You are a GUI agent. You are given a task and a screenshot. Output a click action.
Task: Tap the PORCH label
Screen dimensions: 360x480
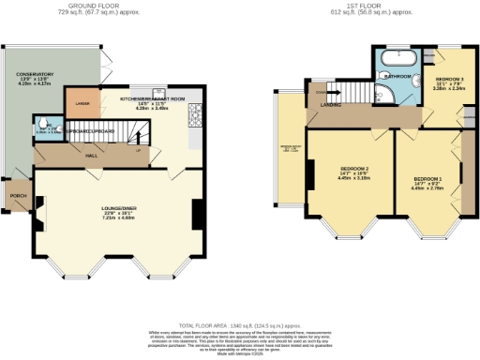point(17,197)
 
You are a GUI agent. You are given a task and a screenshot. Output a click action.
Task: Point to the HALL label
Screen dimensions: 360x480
point(92,156)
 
